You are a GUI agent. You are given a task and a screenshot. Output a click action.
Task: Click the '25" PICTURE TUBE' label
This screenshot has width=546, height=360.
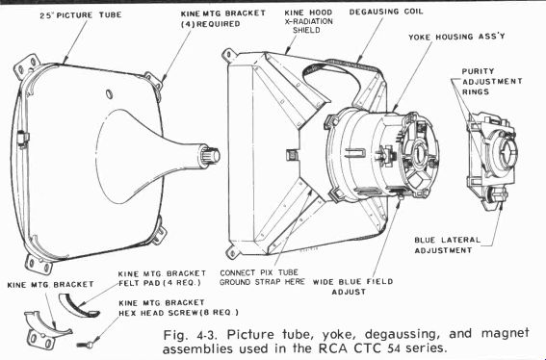click(x=81, y=15)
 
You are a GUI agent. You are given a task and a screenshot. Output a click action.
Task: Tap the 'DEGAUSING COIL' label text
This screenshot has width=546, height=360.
click(x=386, y=12)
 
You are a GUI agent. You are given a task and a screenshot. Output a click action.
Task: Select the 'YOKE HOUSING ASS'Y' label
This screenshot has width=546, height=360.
click(x=456, y=37)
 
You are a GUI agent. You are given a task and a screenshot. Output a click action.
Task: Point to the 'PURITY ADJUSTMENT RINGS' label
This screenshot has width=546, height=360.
click(x=492, y=82)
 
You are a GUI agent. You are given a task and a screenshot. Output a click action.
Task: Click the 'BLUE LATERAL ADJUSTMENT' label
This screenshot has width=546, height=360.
click(x=447, y=245)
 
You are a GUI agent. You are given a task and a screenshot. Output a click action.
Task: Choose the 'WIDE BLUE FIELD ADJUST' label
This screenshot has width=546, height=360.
click(x=352, y=287)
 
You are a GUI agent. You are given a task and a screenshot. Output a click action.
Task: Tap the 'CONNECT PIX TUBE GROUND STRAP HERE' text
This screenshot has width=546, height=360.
click(x=262, y=277)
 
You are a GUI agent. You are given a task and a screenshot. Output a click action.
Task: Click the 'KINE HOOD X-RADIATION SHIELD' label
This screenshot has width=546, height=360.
click(x=308, y=21)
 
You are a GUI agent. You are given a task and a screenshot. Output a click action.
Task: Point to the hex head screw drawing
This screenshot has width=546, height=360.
click(x=86, y=345)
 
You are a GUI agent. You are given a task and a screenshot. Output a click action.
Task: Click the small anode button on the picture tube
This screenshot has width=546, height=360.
click(x=110, y=93)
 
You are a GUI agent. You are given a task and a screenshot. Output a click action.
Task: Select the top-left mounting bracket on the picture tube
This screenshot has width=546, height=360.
click(x=27, y=65)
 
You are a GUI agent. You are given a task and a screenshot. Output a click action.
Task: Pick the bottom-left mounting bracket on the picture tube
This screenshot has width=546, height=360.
click(x=39, y=265)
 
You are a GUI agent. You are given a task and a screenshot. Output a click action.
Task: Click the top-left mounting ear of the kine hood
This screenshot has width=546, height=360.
click(x=228, y=55)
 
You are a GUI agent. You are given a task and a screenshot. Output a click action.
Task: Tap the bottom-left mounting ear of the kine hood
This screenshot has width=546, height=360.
click(x=233, y=252)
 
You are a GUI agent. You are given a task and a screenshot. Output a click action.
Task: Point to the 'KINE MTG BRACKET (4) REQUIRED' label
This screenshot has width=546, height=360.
click(x=222, y=19)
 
